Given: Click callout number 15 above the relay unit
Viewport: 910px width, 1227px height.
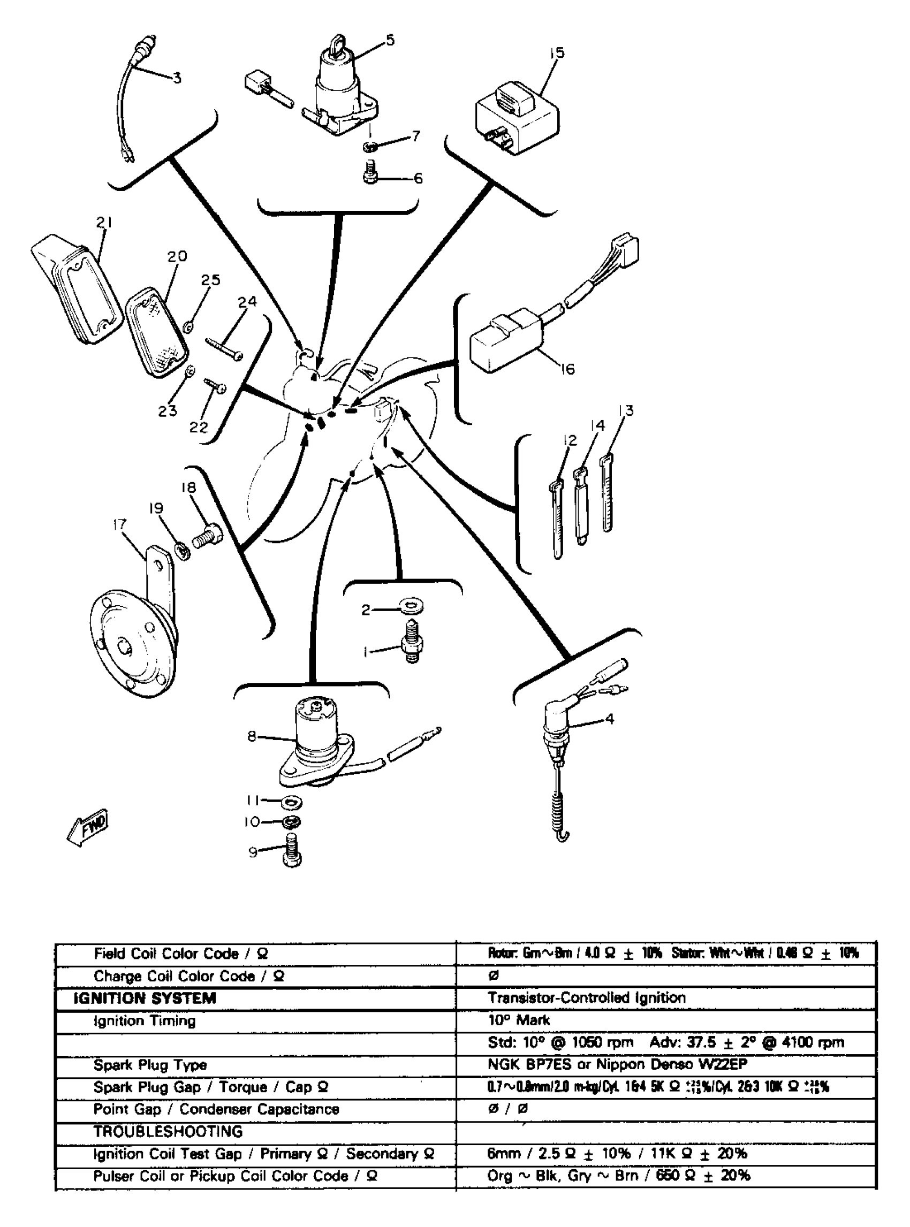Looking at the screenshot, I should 557,53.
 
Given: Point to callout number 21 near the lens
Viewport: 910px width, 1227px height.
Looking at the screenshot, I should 103,223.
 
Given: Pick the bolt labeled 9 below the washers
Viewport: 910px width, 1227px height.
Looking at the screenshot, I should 292,851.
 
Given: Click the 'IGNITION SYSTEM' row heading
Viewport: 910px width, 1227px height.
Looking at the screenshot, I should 145,999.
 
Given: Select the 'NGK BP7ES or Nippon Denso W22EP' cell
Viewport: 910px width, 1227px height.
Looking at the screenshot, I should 618,1064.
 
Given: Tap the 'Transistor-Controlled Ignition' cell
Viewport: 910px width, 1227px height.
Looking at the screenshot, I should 587,998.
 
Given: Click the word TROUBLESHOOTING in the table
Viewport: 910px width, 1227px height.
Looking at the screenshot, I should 168,1132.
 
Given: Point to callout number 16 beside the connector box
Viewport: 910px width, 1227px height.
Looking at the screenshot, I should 567,369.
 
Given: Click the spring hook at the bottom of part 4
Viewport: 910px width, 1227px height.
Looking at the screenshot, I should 562,836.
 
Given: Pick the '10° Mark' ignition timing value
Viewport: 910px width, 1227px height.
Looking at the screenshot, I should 518,1020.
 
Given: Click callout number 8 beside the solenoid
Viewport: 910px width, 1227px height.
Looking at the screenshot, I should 252,736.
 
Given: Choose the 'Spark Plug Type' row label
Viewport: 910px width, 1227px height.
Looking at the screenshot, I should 150,1065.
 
